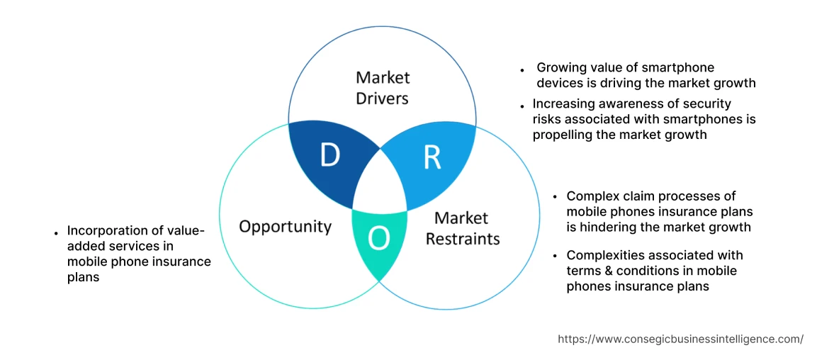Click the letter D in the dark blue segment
coord(329,155)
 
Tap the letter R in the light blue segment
coord(432,158)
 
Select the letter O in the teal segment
coord(379,240)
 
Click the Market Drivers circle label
coord(383,88)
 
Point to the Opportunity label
coord(285,226)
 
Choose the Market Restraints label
coord(462,228)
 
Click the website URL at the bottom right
coord(680,339)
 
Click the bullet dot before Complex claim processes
coord(554,198)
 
